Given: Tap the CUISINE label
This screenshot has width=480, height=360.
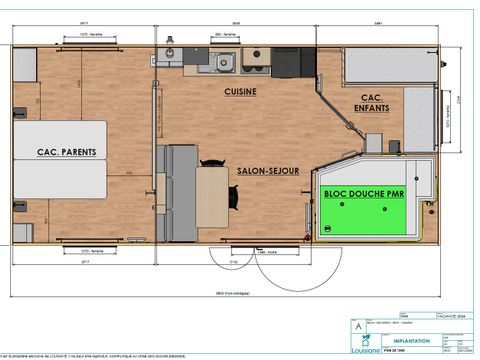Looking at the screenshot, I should click(x=240, y=91).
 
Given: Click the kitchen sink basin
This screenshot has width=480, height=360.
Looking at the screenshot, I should click(x=225, y=63).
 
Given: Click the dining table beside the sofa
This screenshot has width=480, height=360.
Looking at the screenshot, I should click(x=211, y=197).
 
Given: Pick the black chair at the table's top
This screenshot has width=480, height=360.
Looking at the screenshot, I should click(x=212, y=161).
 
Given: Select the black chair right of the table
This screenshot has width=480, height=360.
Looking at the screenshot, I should click(x=233, y=197).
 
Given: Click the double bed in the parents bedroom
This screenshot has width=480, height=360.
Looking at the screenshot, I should click(x=59, y=159).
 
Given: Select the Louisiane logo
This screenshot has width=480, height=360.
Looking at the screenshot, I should click(x=365, y=346).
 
